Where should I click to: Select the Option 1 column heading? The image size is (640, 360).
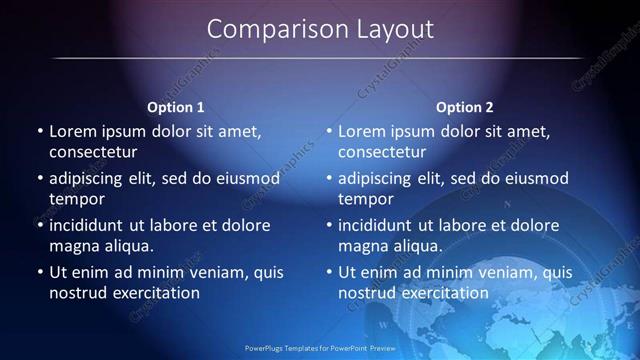(x=176, y=107)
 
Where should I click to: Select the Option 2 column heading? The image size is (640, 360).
(x=465, y=107)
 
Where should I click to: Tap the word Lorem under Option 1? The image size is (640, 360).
(x=71, y=131)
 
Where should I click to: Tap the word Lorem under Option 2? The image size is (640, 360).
(x=360, y=131)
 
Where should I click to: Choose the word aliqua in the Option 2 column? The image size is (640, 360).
(x=407, y=245)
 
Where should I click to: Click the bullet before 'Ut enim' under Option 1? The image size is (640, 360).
(x=39, y=272)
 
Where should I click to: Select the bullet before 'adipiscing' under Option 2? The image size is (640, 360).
(x=328, y=178)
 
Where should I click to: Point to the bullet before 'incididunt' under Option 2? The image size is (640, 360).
(x=328, y=225)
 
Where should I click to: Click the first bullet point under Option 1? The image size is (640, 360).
(x=39, y=131)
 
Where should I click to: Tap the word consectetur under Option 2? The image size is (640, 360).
(x=382, y=152)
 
